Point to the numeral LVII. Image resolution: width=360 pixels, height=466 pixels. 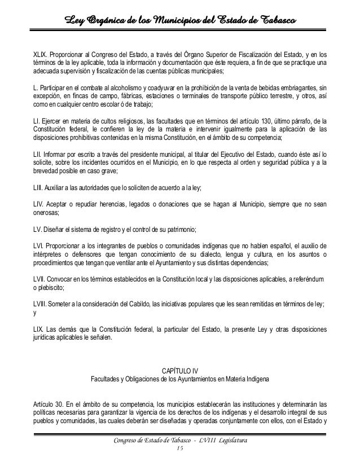41,279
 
